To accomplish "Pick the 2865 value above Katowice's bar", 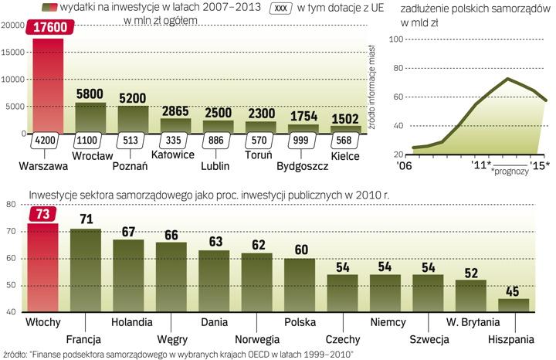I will point(175,110).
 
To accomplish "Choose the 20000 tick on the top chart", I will point(12,25).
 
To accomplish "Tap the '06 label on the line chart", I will point(405,164).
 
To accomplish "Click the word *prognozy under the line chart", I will point(509,172).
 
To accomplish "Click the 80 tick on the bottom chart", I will point(12,205).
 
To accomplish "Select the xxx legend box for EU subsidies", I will point(280,9).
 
